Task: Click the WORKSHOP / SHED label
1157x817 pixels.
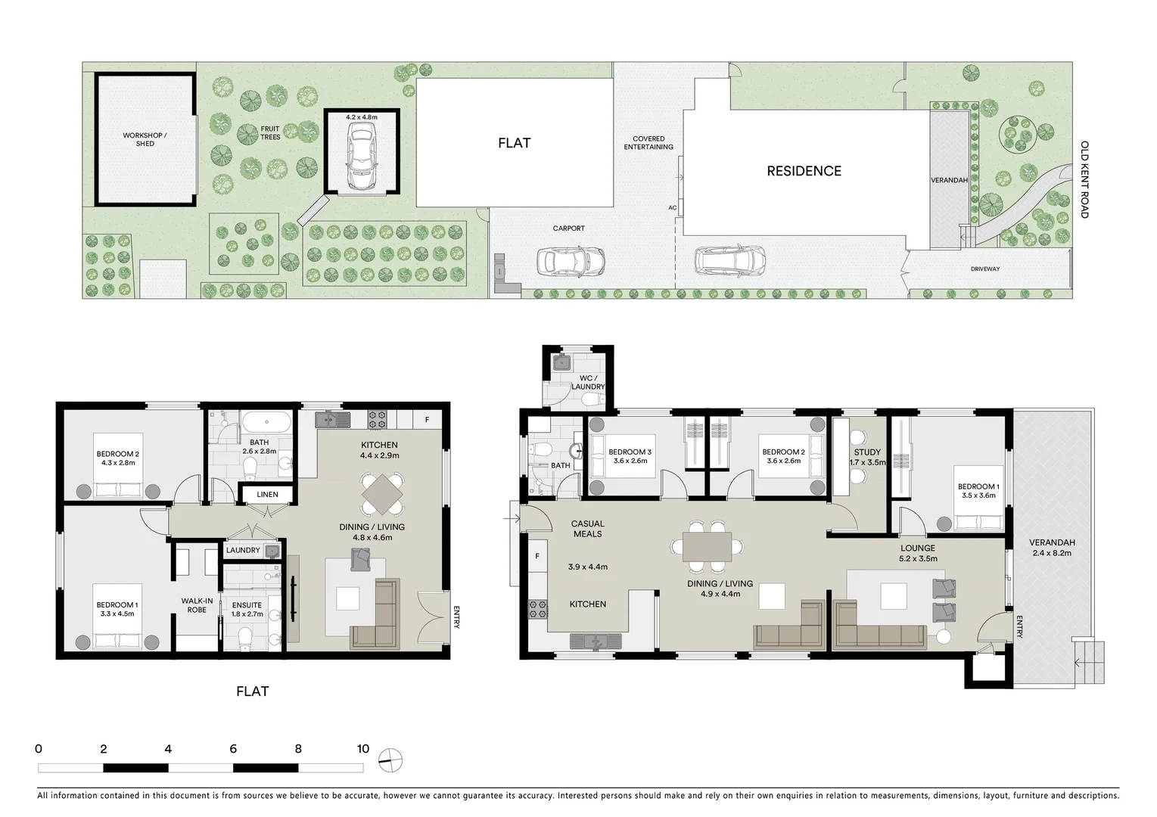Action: (145, 139)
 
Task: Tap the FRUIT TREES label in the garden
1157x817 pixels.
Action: (270, 133)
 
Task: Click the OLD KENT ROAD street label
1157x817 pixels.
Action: (1084, 179)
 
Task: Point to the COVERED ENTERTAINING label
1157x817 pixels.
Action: (648, 143)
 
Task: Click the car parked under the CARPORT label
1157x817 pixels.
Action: (571, 262)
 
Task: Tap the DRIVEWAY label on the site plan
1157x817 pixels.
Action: (985, 269)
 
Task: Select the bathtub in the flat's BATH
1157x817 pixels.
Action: (265, 422)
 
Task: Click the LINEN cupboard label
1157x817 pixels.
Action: (267, 495)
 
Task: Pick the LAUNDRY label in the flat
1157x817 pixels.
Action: (243, 550)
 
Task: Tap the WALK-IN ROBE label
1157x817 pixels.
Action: (197, 605)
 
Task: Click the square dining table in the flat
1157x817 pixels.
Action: (382, 494)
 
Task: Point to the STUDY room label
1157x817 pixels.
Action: (867, 457)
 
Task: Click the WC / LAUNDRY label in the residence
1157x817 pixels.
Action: (588, 382)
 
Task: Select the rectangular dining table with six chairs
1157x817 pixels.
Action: (707, 546)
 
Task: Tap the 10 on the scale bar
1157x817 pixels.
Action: (363, 749)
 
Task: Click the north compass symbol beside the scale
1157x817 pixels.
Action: (391, 760)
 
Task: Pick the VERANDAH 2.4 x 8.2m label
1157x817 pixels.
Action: (1052, 548)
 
